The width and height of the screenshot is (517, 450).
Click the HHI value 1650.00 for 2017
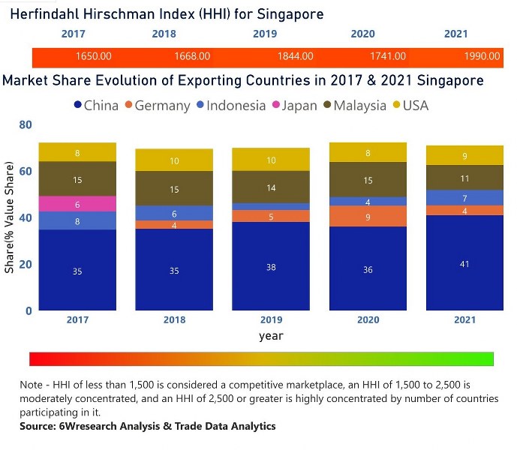pyautogui.click(x=94, y=56)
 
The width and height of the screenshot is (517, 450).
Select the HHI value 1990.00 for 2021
pyautogui.click(x=482, y=56)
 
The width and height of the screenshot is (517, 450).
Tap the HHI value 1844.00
pyautogui.click(x=289, y=56)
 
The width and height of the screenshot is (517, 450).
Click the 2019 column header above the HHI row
pyautogui.click(x=264, y=34)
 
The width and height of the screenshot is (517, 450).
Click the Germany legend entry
pyautogui.click(x=157, y=106)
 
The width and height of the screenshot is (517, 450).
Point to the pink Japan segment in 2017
pyautogui.click(x=77, y=204)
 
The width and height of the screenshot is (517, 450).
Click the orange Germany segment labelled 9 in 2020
pyautogui.click(x=368, y=217)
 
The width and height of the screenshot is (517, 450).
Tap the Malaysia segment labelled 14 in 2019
pyautogui.click(x=271, y=187)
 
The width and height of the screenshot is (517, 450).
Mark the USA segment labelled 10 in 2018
pyautogui.click(x=174, y=160)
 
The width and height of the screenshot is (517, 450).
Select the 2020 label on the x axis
pyautogui.click(x=368, y=320)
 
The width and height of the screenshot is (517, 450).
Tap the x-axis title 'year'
pyautogui.click(x=271, y=336)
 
